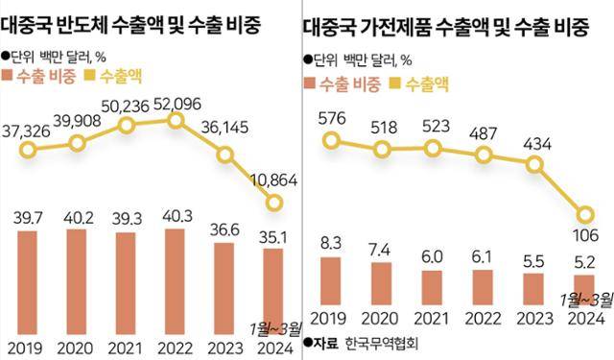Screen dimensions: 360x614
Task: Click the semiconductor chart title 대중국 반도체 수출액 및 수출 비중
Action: [146, 22]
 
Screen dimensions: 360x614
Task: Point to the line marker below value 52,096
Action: [175, 119]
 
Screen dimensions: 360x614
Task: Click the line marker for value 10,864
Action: [274, 203]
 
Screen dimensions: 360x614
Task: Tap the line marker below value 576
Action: [331, 140]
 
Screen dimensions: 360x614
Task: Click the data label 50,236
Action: [127, 104]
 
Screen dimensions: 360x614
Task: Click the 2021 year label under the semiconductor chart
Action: [127, 345]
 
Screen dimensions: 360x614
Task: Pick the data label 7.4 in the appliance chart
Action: [382, 250]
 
